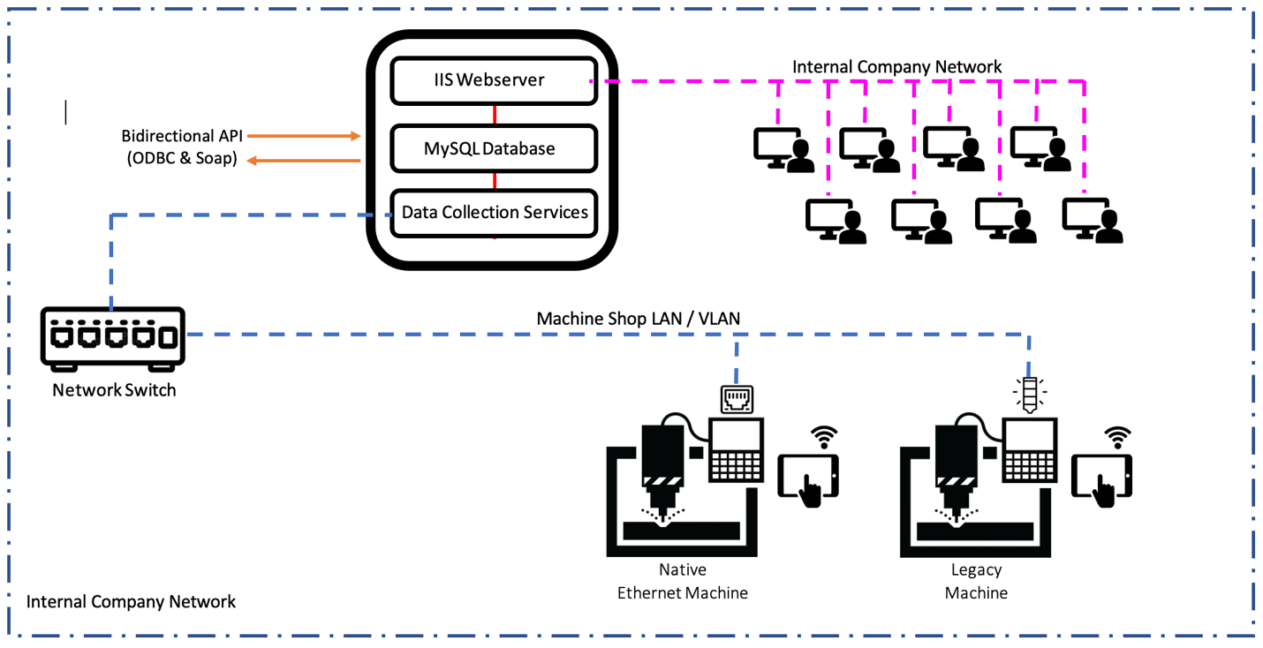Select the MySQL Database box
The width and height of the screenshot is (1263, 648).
coord(494,148)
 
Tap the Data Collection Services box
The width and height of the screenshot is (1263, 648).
coord(494,213)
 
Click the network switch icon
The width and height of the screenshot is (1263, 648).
coord(113,336)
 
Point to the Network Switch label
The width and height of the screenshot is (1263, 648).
coord(114,390)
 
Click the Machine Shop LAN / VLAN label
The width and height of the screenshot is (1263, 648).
coord(638,318)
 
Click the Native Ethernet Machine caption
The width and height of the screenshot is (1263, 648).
coord(682,581)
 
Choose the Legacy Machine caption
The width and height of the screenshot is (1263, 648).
coord(976,581)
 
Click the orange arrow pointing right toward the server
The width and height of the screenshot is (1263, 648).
coord(303,136)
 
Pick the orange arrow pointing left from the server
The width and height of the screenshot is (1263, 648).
coord(303,161)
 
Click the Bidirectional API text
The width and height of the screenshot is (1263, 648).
coord(182,136)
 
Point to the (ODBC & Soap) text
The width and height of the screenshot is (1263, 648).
coord(181,160)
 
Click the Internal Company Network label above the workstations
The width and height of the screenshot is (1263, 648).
coord(896,67)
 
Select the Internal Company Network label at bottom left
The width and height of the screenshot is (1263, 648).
coord(131,602)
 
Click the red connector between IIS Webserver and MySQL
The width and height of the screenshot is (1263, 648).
coord(495,114)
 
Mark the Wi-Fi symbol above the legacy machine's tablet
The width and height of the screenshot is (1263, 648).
coord(1118,435)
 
